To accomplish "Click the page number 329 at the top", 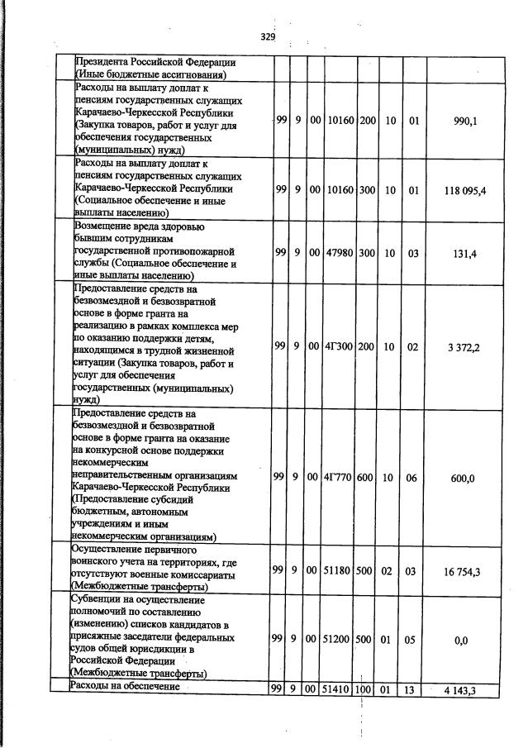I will pos(267,36).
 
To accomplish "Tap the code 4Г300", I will pos(340,347).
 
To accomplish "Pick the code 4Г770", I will pos(340,477).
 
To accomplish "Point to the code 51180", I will pos(340,571).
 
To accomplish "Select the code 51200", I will pos(340,640).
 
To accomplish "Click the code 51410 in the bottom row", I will pos(340,688).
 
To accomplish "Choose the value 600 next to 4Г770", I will pos(367,477).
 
